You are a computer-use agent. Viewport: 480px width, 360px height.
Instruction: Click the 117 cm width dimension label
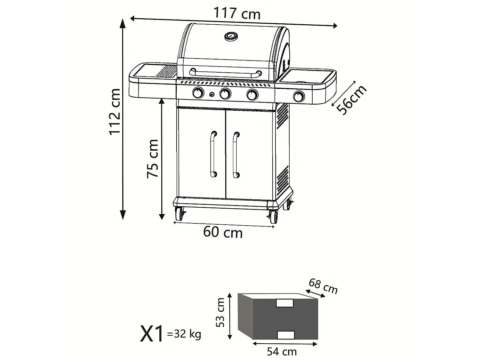click(x=237, y=14)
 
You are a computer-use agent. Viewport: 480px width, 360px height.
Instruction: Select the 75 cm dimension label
click(x=153, y=159)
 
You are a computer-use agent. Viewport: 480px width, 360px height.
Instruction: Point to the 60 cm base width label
click(x=223, y=232)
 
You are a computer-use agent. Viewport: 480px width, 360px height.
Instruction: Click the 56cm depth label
click(x=351, y=100)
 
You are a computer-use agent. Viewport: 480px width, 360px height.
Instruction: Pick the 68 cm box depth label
click(x=323, y=286)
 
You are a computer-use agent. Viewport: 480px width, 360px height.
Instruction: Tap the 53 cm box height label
click(x=220, y=312)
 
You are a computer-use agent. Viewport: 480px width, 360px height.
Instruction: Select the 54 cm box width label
click(x=282, y=352)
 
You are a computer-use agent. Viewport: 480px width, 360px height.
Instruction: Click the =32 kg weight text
click(x=184, y=334)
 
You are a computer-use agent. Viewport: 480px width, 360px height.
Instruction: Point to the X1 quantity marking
click(x=152, y=334)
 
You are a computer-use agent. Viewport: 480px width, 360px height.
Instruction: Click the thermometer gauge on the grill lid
click(x=231, y=36)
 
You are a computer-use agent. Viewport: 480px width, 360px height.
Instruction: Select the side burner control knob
click(x=299, y=96)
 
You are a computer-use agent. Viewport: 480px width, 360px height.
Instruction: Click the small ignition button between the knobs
click(x=212, y=94)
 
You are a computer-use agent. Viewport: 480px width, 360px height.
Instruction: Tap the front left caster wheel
click(x=180, y=214)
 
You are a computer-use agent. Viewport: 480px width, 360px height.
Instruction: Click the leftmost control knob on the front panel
click(x=198, y=93)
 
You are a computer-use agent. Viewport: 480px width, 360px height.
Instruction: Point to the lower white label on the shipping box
click(x=285, y=335)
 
